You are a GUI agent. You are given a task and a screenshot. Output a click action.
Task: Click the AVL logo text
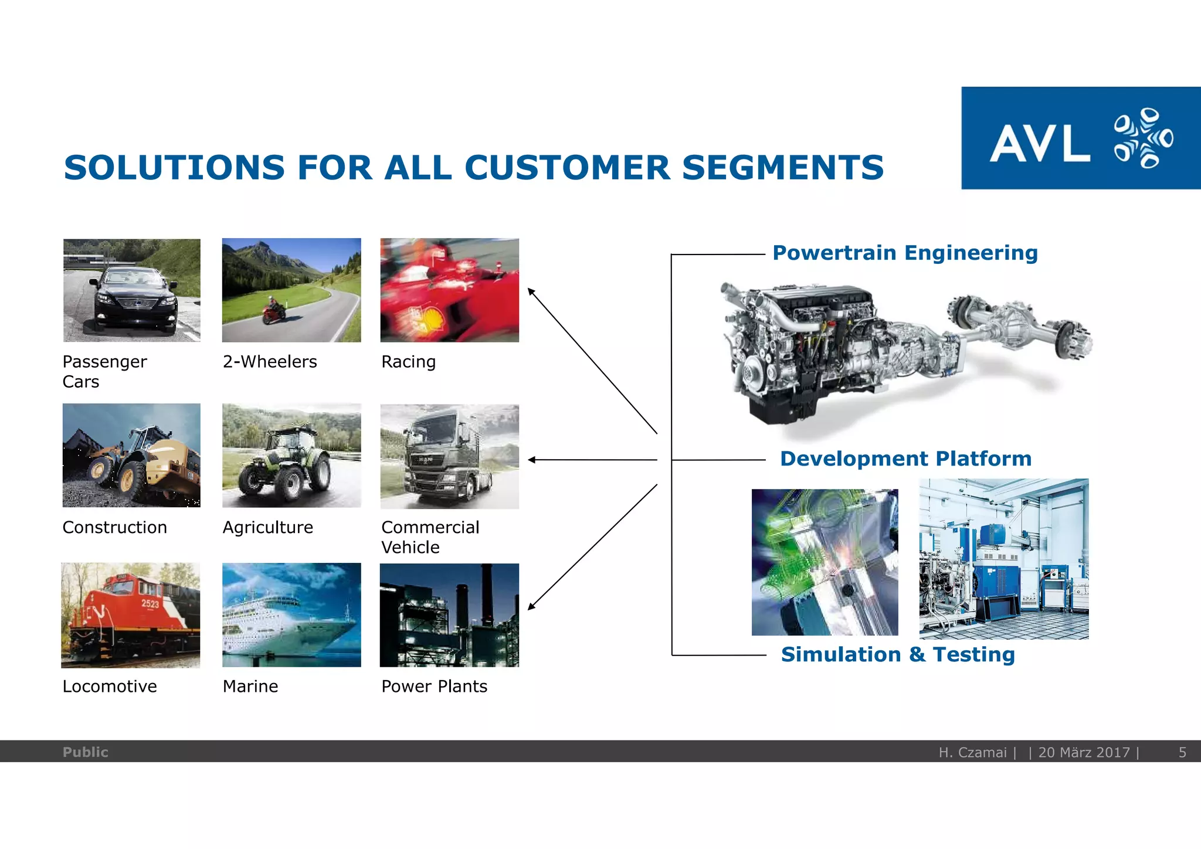point(1040,143)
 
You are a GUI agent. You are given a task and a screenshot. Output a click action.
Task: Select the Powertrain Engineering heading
point(905,253)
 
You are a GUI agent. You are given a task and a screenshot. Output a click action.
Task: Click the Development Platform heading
point(905,459)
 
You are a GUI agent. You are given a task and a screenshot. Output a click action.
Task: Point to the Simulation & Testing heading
point(898,655)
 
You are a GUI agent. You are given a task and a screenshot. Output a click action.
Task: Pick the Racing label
point(408,362)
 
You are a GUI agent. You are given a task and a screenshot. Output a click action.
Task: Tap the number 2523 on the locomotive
point(150,603)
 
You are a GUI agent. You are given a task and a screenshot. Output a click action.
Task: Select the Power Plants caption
point(434,687)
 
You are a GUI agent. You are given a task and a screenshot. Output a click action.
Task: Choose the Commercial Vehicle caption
point(430,537)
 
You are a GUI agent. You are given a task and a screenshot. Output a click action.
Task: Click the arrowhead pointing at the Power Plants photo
point(531,606)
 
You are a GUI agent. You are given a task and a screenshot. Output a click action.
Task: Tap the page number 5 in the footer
point(1182,752)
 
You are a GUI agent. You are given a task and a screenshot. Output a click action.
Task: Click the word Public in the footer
point(85,752)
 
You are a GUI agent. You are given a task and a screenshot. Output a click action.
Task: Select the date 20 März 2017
point(1084,752)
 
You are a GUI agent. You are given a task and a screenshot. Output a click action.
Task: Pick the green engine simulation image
point(825,562)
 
